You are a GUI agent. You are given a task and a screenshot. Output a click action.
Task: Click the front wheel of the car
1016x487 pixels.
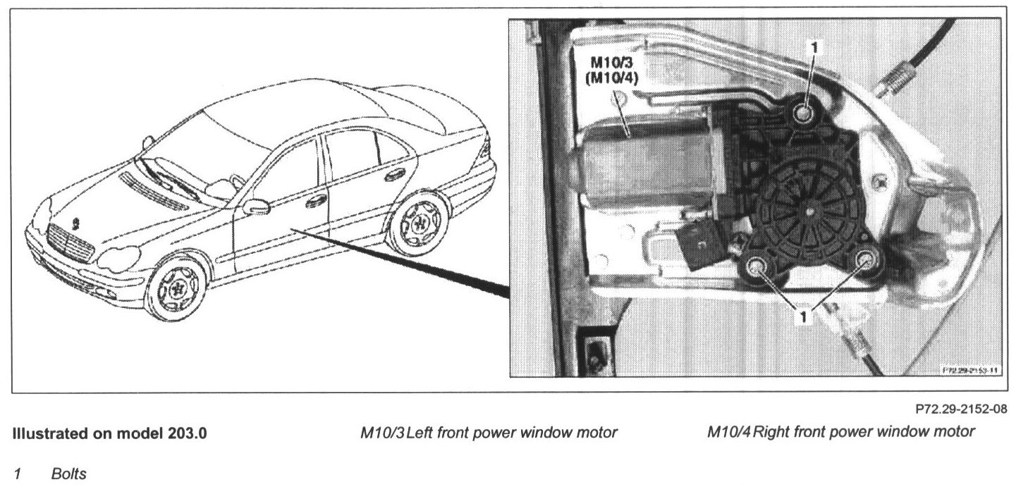(x=176, y=289)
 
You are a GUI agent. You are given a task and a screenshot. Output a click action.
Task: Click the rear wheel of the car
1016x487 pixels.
(x=420, y=224)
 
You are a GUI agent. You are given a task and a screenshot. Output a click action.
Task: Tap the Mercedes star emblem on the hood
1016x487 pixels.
(x=75, y=225)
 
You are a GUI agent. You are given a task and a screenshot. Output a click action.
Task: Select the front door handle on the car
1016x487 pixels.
(x=315, y=200)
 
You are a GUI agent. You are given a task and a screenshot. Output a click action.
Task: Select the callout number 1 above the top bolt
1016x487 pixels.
(x=816, y=48)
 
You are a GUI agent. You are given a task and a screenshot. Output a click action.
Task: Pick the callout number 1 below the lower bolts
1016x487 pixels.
(x=803, y=316)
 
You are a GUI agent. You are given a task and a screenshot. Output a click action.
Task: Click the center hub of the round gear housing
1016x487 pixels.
(x=810, y=209)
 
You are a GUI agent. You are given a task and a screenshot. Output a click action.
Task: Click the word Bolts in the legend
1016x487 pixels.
(x=68, y=474)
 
